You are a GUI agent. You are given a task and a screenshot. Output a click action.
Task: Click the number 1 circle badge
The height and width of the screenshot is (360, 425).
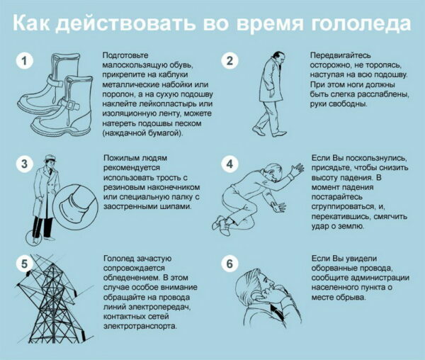tap(24, 62)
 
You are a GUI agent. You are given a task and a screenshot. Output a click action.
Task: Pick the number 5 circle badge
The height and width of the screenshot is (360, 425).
tap(24, 264)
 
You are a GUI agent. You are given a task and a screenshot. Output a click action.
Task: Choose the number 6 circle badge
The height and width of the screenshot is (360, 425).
tap(229, 264)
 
